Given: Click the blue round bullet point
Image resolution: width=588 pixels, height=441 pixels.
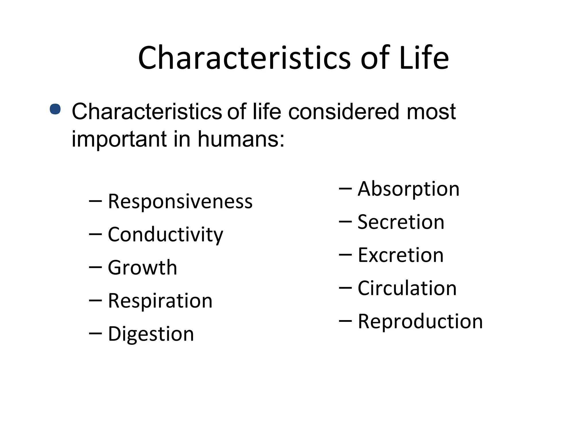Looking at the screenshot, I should coord(55,109).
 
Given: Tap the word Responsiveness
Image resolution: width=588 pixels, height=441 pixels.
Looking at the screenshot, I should coord(180,201).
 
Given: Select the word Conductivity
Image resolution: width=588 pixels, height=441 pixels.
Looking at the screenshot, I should coord(165,235).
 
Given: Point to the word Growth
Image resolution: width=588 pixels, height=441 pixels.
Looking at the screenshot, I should coord(142,268).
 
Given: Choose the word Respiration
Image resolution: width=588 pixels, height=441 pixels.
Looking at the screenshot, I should coord(160,301).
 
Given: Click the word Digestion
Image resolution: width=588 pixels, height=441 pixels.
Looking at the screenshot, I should coord(151,334).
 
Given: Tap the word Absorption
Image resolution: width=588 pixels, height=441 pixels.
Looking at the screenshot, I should coord(409,189).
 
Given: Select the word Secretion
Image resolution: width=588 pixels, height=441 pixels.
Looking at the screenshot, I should coord(401,222).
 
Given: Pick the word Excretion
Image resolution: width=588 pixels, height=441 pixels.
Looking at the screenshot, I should coord(401,255).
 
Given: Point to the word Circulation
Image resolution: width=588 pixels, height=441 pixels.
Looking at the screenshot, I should coord(407,288).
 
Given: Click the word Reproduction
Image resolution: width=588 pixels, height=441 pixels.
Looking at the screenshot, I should coord(420,321).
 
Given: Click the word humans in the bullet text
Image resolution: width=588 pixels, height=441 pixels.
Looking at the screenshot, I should coord(241,139).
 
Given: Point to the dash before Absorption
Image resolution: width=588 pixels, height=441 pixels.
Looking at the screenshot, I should coord(345,188).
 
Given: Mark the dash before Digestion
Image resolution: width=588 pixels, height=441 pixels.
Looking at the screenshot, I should coord(95,333).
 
